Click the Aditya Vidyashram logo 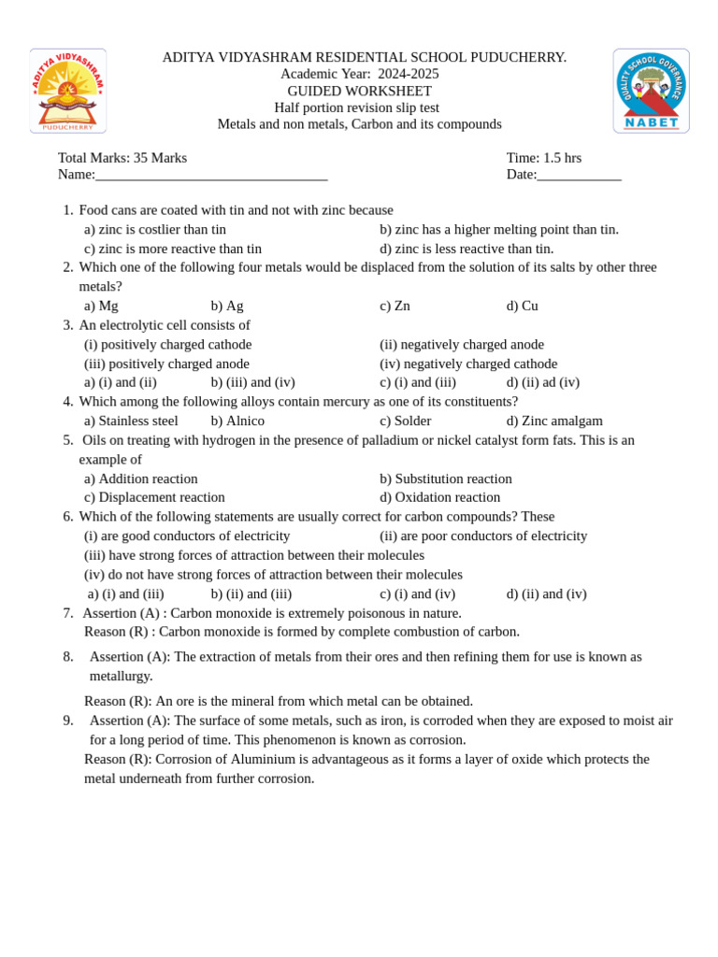pos(68,91)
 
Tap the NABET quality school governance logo pos(651,91)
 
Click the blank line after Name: pos(211,175)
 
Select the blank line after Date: pos(579,175)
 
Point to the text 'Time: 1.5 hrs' pos(543,158)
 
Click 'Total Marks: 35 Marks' pos(122,158)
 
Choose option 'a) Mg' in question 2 pos(101,306)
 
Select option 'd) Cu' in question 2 pos(522,306)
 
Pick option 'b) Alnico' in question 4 pos(237,421)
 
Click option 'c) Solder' pos(405,421)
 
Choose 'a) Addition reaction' pos(141,478)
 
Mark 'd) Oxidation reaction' pos(439,497)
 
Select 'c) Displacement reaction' pos(154,497)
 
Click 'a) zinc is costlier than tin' pos(155,229)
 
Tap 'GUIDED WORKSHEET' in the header pos(359,91)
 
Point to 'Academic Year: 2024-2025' pos(359,74)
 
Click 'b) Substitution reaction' pos(445,478)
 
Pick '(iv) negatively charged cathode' pos(468,364)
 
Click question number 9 pos(68,721)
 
